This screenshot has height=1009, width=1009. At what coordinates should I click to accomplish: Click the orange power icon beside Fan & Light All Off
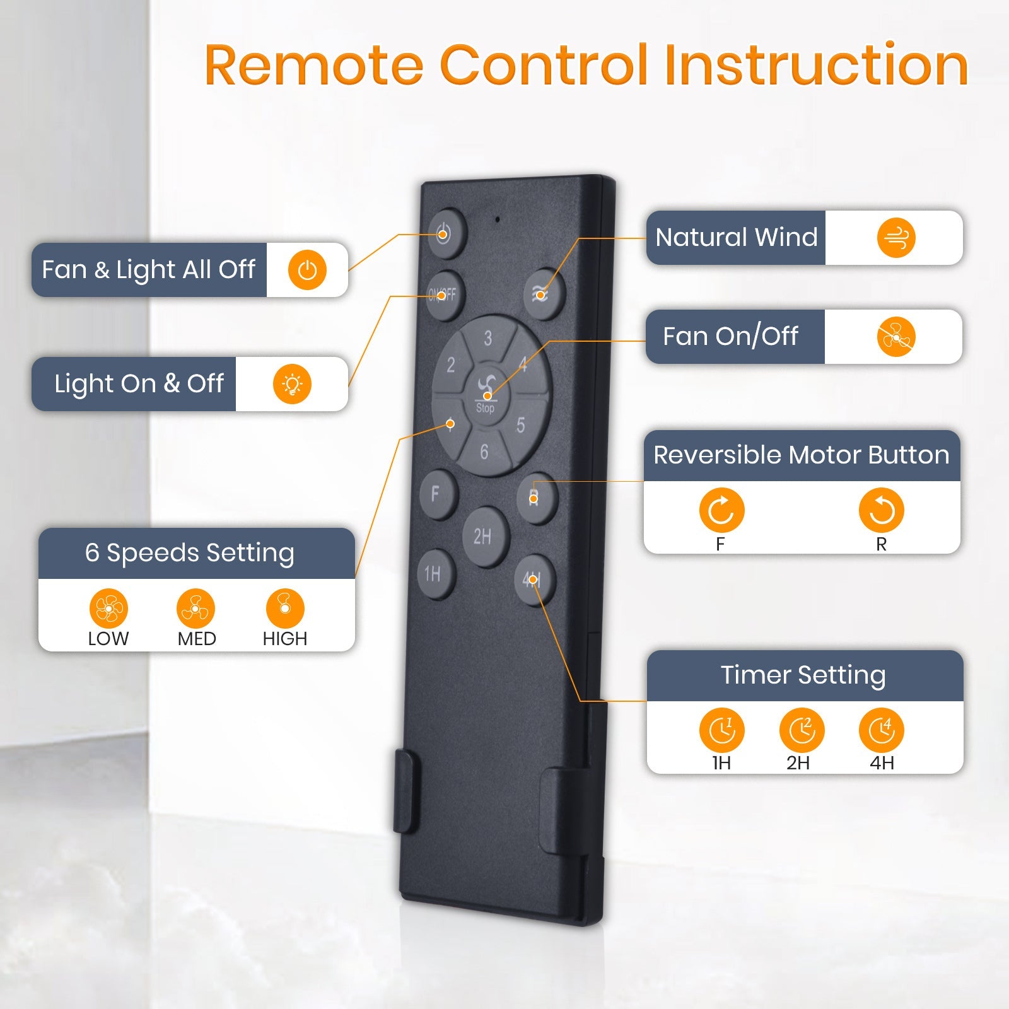pyautogui.click(x=307, y=271)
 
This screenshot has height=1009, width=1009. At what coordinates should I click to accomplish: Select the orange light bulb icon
pyautogui.click(x=292, y=384)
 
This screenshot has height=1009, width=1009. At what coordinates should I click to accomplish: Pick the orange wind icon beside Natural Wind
pyautogui.click(x=896, y=238)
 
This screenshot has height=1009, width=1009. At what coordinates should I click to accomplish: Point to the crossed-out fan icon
pyautogui.click(x=896, y=337)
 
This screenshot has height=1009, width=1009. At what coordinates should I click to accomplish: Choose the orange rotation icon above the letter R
pyautogui.click(x=881, y=510)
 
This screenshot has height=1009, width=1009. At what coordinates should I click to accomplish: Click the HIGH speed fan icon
pyautogui.click(x=285, y=609)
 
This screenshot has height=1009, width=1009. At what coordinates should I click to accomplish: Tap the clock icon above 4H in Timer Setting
pyautogui.click(x=881, y=731)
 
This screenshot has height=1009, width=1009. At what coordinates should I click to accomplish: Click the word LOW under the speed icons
pyautogui.click(x=108, y=639)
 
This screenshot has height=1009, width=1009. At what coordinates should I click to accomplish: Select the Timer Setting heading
pyautogui.click(x=803, y=675)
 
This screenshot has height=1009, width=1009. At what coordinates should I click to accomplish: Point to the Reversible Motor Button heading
pyautogui.click(x=802, y=455)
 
